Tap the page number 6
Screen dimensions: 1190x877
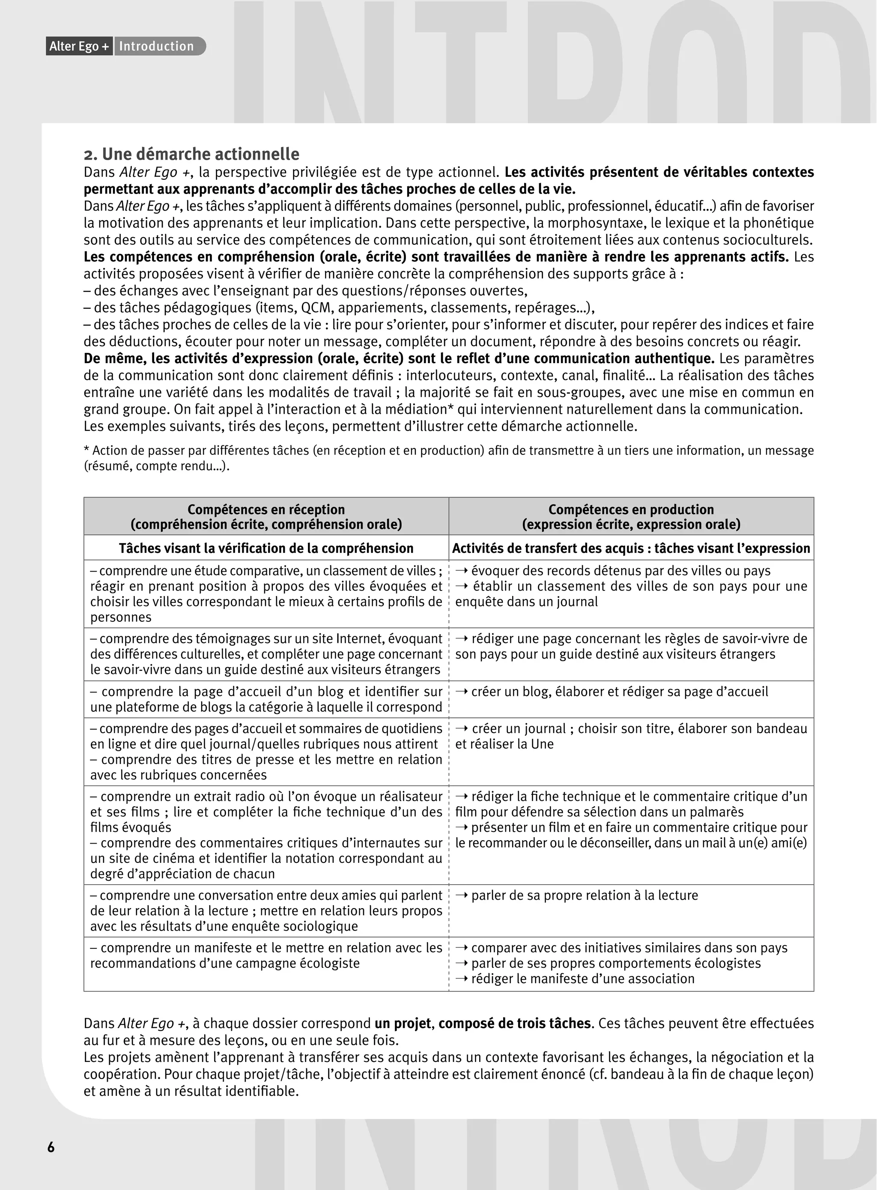51,1148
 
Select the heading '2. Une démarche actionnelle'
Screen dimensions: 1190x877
192,155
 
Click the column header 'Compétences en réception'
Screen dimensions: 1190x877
266,510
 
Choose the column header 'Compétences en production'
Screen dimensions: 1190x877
631,510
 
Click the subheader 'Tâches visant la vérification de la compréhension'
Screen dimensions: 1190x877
266,548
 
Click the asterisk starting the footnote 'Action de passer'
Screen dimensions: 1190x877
87,450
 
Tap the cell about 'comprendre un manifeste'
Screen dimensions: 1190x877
266,955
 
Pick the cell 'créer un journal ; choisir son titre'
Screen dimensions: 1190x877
631,736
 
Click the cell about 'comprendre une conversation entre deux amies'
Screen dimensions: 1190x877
266,911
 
